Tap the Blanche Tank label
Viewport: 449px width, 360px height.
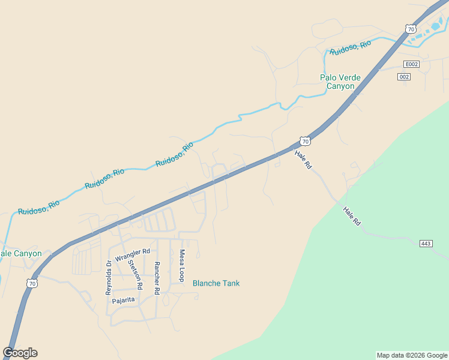(x=215, y=283)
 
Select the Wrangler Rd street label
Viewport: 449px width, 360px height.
(x=132, y=254)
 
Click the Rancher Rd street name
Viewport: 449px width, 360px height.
(x=157, y=278)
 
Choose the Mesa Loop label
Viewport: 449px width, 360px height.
(x=181, y=266)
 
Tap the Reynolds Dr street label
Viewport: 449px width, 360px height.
(x=109, y=277)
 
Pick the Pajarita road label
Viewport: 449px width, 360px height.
(x=122, y=299)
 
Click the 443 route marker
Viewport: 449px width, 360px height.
(x=426, y=243)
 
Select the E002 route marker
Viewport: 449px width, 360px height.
(x=411, y=64)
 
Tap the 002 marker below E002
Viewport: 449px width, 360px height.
(x=404, y=76)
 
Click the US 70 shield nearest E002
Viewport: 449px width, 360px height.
(x=411, y=29)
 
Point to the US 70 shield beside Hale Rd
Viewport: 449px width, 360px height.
(x=306, y=142)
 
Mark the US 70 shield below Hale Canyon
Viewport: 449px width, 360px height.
(x=32, y=283)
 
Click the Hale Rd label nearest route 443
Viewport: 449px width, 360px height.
(x=352, y=216)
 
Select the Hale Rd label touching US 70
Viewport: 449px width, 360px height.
(x=303, y=159)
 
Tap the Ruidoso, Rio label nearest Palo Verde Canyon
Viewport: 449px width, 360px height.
(x=349, y=47)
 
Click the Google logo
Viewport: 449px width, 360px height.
(x=20, y=353)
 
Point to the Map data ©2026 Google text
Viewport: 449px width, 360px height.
(x=412, y=355)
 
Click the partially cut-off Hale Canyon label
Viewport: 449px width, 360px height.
(x=21, y=253)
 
